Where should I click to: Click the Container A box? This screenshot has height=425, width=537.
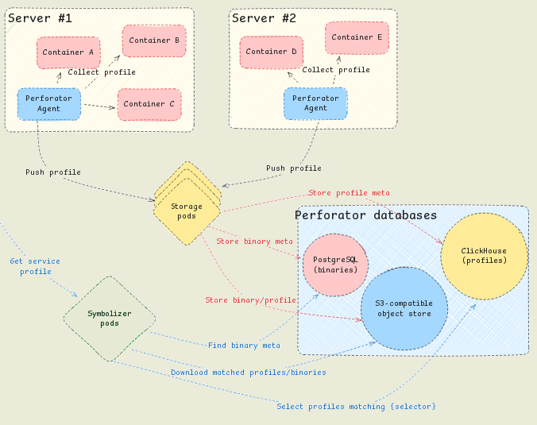pos(68,52)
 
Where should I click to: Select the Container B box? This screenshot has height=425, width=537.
pos(154,41)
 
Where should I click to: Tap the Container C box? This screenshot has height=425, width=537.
pos(149,104)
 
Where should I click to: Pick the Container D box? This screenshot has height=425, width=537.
pos(271,52)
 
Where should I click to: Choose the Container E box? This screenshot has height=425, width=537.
pos(357,37)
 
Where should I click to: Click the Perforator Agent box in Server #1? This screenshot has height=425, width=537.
pos(48,103)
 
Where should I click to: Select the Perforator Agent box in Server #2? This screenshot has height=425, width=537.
pos(315,103)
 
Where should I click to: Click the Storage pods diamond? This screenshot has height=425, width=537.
pos(187,211)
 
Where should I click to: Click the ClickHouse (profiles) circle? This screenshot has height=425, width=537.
pos(484,256)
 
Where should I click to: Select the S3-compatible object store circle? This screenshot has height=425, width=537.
pos(403,309)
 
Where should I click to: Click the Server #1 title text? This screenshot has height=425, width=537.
pos(41,17)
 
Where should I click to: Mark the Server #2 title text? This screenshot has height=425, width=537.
pos(264,17)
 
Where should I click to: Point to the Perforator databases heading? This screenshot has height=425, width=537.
pos(365,215)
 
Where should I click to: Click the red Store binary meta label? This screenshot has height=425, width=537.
pos(254,241)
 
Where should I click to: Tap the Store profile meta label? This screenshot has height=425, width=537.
pos(349,193)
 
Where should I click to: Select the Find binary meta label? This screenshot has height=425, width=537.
pos(244,346)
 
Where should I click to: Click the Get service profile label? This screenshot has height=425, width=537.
pos(35,266)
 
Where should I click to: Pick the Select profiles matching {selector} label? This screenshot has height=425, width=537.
pos(356,407)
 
